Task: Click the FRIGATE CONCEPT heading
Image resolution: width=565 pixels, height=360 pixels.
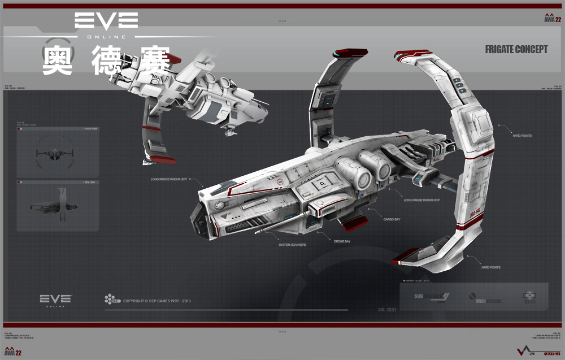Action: click(x=516, y=50)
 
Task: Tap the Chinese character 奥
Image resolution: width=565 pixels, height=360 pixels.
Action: click(x=57, y=60)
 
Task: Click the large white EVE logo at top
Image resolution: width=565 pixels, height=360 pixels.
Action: click(x=106, y=21)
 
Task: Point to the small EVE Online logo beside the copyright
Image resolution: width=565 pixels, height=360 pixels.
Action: click(x=55, y=300)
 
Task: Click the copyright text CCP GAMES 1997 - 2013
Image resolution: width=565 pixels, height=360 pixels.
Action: click(x=157, y=301)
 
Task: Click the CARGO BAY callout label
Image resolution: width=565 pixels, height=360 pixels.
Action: click(x=392, y=219)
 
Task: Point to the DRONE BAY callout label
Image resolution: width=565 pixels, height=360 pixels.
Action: click(x=342, y=241)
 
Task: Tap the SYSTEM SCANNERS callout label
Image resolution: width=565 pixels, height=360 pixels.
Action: click(x=293, y=245)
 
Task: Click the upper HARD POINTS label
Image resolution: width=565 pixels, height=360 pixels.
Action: click(x=521, y=136)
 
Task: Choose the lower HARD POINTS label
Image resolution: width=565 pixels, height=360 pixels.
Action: click(x=490, y=267)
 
